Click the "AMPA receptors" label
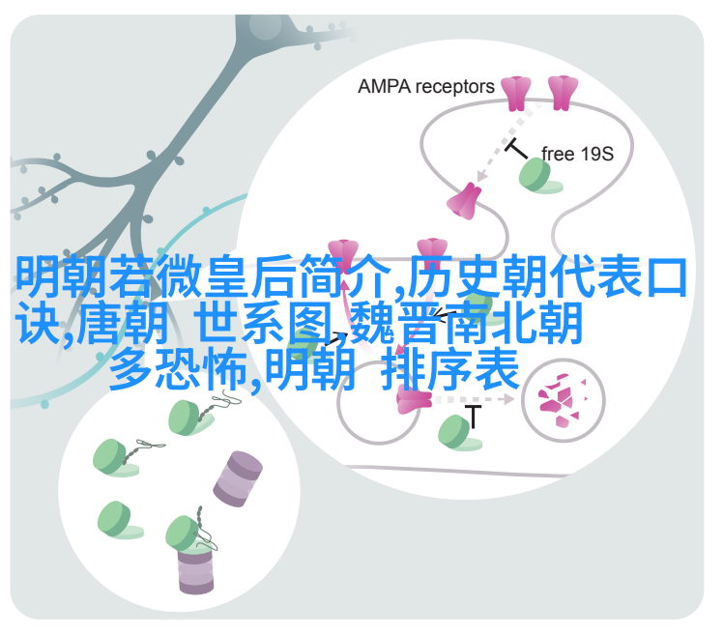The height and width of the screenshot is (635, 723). coord(425,87)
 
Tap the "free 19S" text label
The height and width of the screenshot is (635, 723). coord(577,154)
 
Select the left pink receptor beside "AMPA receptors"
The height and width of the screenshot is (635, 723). coord(516,94)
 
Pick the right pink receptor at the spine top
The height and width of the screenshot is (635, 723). coord(563,93)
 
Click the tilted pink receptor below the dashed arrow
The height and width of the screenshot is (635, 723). coord(464,201)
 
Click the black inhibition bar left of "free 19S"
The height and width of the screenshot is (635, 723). coord(516,148)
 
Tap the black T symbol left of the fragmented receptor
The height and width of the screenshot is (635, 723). coord(473,417)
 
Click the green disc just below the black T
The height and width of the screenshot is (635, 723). coord(458,433)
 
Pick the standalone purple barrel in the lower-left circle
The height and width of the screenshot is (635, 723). coord(238,479)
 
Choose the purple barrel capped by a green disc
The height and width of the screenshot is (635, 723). coord(196,569)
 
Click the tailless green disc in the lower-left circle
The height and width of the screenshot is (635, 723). coord(120,521)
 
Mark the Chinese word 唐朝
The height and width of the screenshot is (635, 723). coord(122,323)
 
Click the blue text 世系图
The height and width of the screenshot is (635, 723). coord(263,323)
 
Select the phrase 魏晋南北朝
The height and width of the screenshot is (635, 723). coord(466,323)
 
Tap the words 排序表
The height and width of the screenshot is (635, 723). coord(450,369)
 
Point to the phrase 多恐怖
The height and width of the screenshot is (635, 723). coord(179,369)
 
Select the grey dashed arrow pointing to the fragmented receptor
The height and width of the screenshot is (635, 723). coord(474,399)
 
